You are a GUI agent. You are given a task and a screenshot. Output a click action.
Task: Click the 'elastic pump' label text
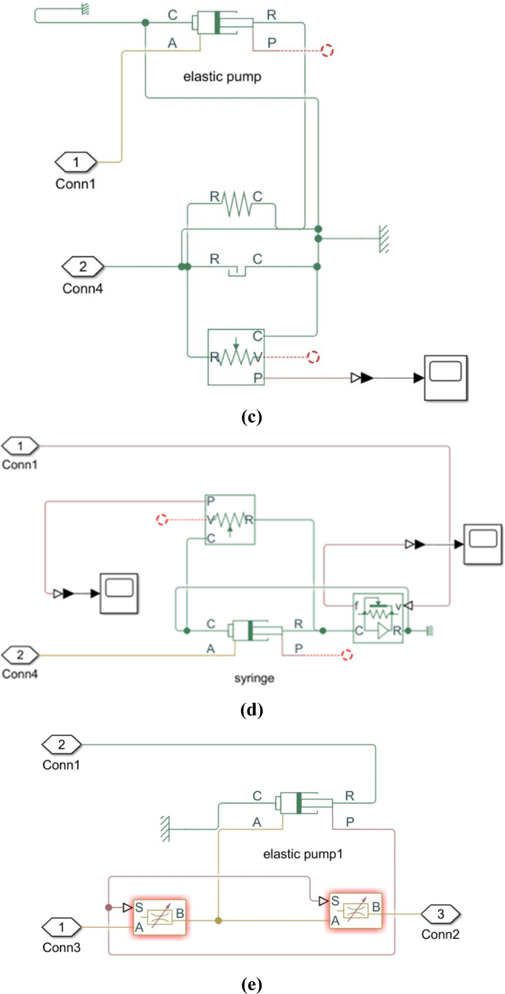click(222, 76)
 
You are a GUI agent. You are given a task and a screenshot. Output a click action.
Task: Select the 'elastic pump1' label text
click(303, 854)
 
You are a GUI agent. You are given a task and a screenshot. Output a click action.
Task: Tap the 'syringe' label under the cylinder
click(254, 678)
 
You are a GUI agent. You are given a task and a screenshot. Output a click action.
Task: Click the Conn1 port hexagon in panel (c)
click(76, 162)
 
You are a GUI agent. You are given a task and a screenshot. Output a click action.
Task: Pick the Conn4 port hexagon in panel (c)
click(83, 266)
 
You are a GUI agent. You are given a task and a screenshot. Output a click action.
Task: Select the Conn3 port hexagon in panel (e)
click(61, 927)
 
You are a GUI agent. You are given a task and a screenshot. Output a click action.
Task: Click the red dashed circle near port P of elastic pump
click(327, 50)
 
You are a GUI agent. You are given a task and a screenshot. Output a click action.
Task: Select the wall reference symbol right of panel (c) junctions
click(383, 238)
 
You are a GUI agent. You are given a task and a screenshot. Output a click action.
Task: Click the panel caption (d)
click(252, 710)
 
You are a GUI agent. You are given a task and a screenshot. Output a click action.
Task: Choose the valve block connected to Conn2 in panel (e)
click(355, 910)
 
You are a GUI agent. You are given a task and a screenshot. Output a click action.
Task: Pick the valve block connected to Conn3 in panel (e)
click(159, 917)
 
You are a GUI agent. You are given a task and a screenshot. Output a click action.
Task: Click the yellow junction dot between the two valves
click(219, 920)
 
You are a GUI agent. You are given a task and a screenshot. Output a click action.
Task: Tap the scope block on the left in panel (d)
click(119, 593)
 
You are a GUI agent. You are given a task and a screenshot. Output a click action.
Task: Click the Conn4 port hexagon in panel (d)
click(20, 655)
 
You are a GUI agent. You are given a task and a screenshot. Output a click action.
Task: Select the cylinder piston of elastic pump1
click(298, 803)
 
